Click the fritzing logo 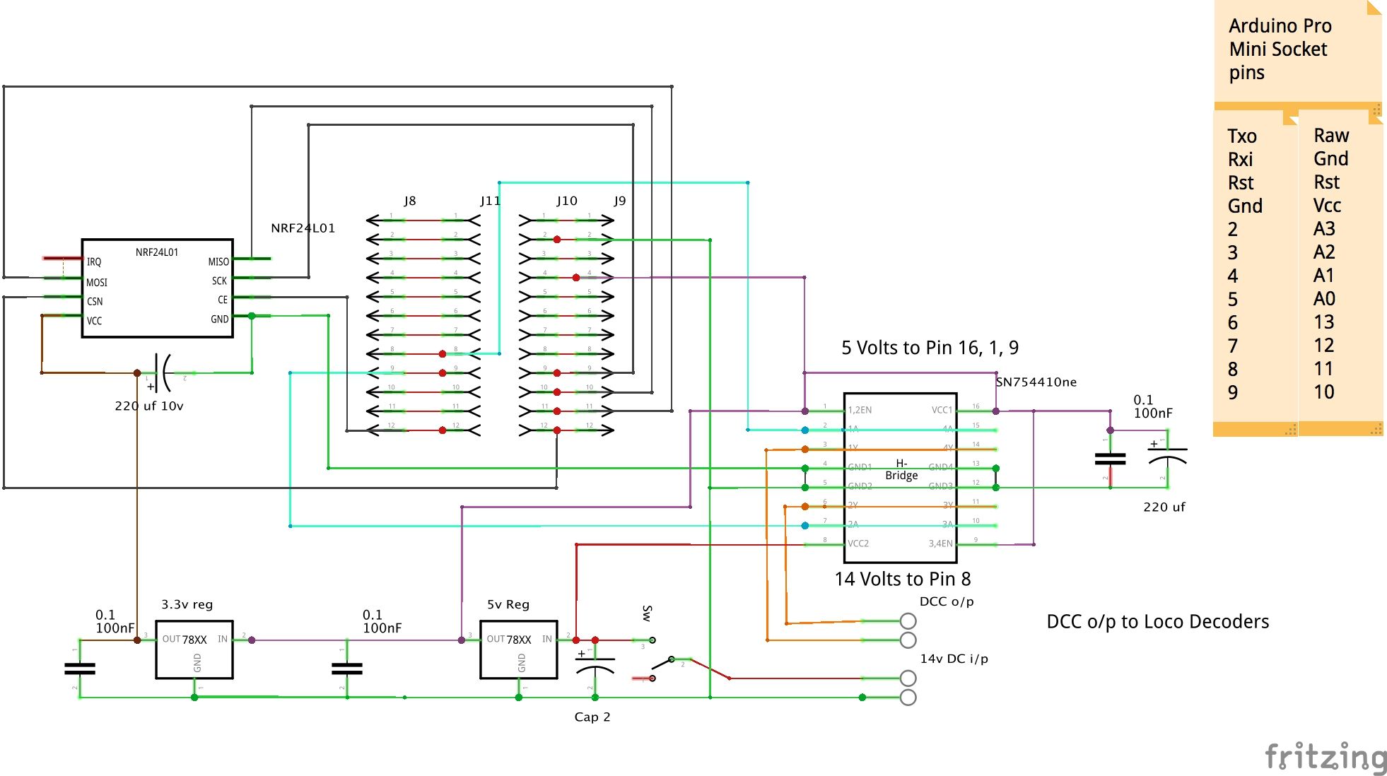pyautogui.click(x=1325, y=758)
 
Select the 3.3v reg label pyautogui.click(x=187, y=604)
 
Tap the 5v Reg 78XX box pyautogui.click(x=518, y=649)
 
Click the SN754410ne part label pyautogui.click(x=1036, y=382)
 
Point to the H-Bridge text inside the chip pyautogui.click(x=901, y=469)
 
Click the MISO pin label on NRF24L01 pyautogui.click(x=218, y=261)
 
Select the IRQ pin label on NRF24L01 pyautogui.click(x=94, y=261)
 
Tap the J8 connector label pyautogui.click(x=410, y=201)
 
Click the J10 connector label pyautogui.click(x=566, y=201)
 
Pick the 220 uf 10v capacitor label pyautogui.click(x=149, y=406)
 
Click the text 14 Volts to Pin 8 pyautogui.click(x=902, y=579)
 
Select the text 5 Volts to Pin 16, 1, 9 pyautogui.click(x=930, y=348)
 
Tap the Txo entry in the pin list pyautogui.click(x=1242, y=136)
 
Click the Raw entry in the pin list pyautogui.click(x=1331, y=135)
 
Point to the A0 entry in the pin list pyautogui.click(x=1324, y=298)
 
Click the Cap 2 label pyautogui.click(x=592, y=717)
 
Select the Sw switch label pyautogui.click(x=647, y=613)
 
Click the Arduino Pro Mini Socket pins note pyautogui.click(x=1280, y=49)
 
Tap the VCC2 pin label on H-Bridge pyautogui.click(x=858, y=543)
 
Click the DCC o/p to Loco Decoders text pyautogui.click(x=1157, y=621)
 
